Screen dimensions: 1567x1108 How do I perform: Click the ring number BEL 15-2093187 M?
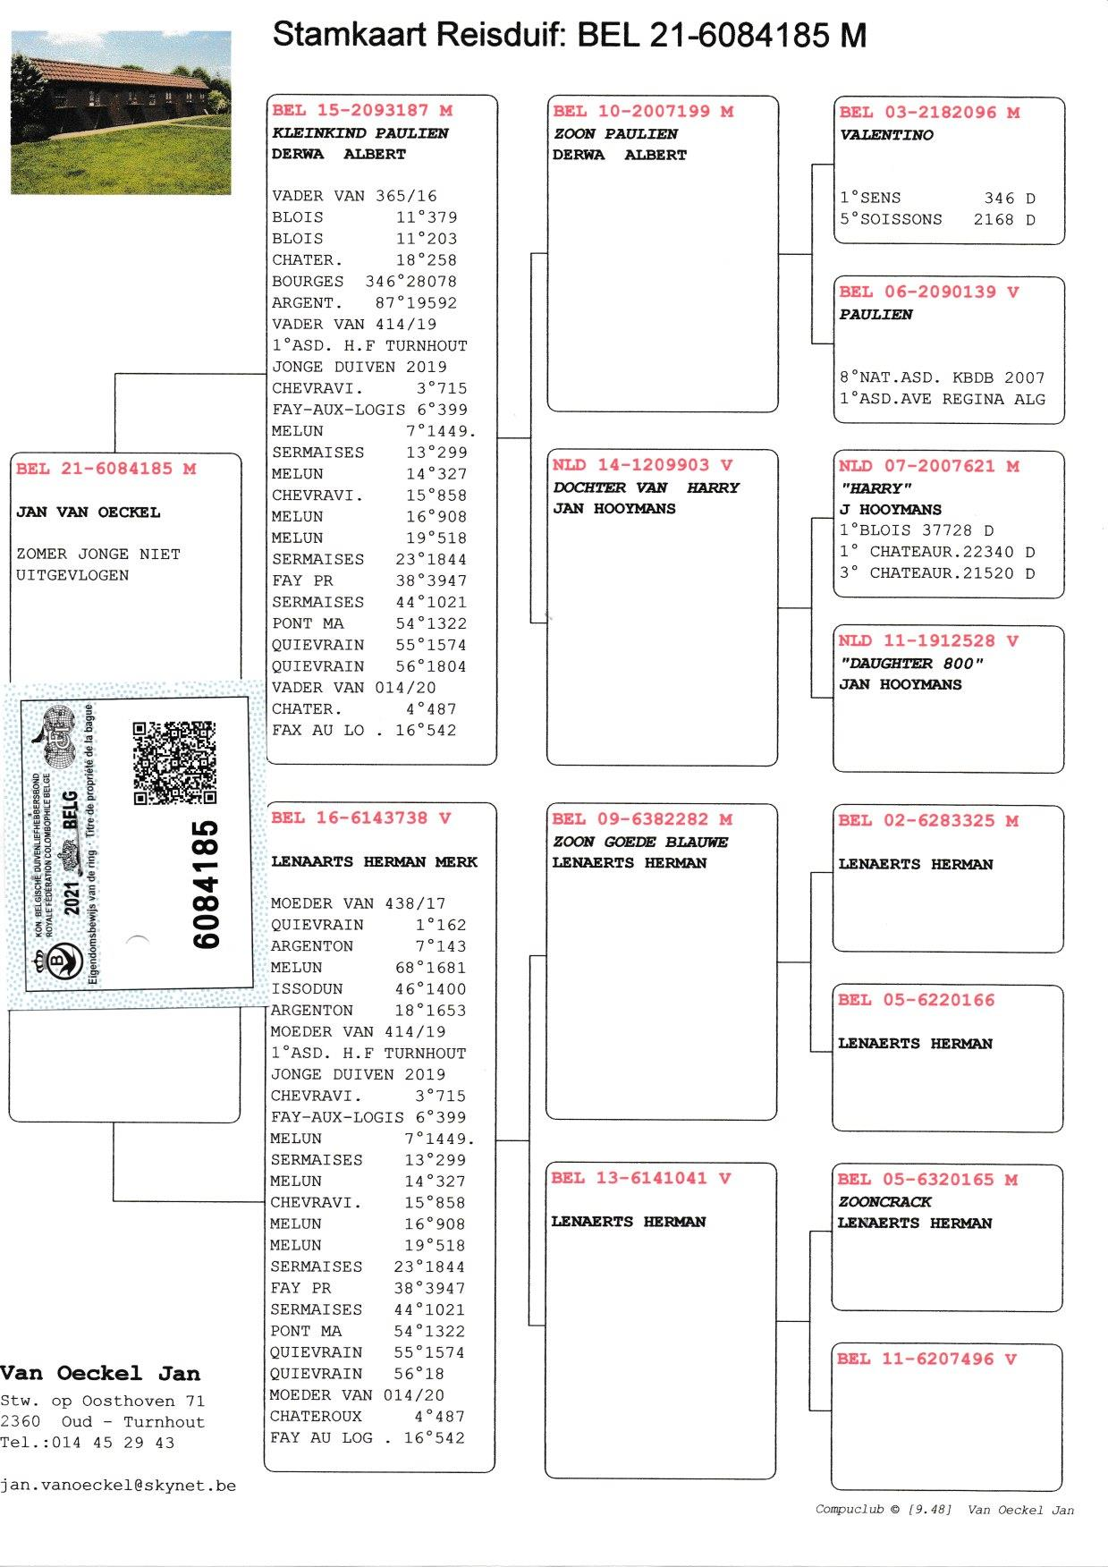tap(362, 111)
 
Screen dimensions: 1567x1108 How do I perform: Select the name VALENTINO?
tap(885, 135)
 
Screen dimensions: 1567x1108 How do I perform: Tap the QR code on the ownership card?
tap(174, 763)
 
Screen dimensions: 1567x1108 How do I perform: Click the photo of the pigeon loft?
tap(121, 112)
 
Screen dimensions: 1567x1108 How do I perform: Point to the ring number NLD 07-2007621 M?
tap(928, 466)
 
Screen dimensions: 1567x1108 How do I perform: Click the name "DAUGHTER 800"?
tap(910, 664)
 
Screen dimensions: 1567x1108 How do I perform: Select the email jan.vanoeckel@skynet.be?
tap(118, 1486)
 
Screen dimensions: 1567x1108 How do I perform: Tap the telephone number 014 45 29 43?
tap(114, 1443)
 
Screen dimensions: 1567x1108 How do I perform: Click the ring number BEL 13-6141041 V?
tap(641, 1179)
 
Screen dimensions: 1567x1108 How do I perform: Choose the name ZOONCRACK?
tap(884, 1202)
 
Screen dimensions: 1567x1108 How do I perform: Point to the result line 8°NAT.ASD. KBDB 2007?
tap(941, 377)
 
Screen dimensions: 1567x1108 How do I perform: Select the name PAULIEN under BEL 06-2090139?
tap(875, 315)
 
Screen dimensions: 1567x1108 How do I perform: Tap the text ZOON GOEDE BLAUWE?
tap(640, 842)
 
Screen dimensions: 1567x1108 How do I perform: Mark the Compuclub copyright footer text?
tap(943, 1510)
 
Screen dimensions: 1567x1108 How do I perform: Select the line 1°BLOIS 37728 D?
tap(916, 530)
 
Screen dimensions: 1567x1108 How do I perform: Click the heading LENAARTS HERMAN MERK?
tap(374, 862)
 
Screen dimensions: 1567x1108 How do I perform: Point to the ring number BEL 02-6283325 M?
tap(927, 821)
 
